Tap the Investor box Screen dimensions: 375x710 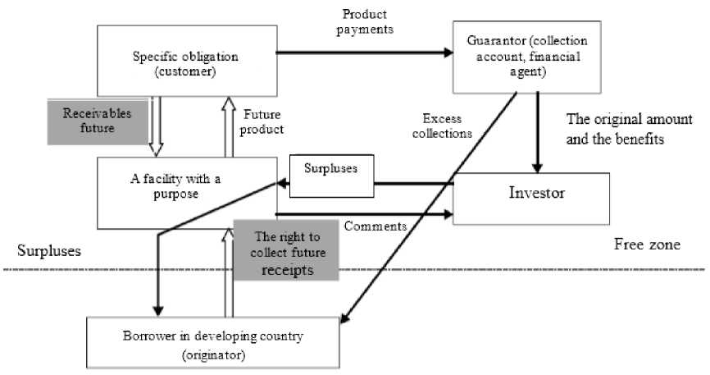531,194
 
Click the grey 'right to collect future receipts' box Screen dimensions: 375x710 275,252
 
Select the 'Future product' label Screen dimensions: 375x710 263,122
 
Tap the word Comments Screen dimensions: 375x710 375,226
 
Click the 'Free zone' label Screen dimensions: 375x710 647,245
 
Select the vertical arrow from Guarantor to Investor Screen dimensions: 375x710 536,131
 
